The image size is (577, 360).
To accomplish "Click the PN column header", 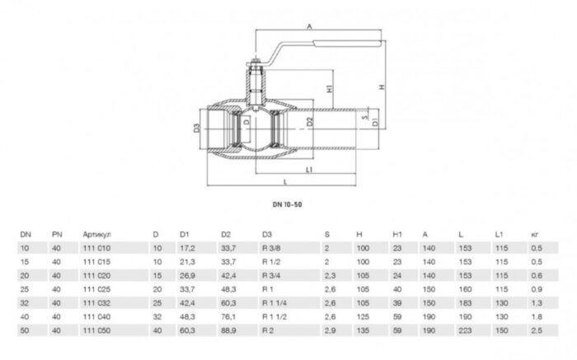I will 56,235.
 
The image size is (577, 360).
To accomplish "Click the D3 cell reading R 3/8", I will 273,248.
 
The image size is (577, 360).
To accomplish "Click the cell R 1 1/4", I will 276,302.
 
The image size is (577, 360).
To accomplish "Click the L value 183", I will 463,302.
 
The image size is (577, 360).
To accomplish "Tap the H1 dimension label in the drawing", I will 328,88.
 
